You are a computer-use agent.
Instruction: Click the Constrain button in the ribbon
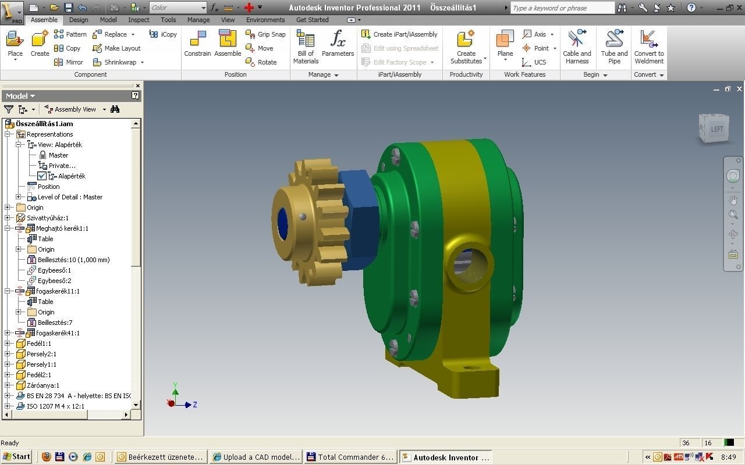coord(197,44)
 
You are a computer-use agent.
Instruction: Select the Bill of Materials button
coord(306,46)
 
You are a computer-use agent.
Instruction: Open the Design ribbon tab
coord(79,20)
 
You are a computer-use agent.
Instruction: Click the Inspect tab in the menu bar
coord(139,20)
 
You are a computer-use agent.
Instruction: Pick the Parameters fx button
coord(338,44)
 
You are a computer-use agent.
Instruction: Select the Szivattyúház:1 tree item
coord(47,218)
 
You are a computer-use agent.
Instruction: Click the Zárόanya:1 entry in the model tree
coord(42,385)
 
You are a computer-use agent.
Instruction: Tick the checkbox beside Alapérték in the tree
coord(42,176)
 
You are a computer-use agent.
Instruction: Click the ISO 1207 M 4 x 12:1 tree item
coord(55,406)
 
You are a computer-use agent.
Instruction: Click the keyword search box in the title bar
coord(562,8)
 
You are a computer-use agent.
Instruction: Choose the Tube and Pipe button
coord(614,46)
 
